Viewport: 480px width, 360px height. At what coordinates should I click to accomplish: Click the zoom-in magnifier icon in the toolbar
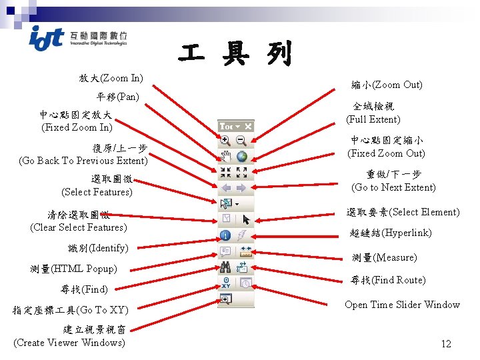tap(226, 141)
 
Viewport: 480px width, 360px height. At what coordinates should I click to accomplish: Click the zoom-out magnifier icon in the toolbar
tap(241, 141)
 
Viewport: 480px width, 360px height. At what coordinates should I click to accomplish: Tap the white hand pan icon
tap(226, 157)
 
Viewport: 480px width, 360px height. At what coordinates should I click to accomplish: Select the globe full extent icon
tap(241, 157)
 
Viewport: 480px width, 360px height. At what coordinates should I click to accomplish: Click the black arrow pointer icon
tap(245, 219)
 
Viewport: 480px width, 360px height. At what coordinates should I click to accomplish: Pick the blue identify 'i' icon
tap(226, 235)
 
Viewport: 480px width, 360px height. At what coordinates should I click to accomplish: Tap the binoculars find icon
tap(226, 267)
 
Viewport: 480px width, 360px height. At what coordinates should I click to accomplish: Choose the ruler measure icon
tap(245, 252)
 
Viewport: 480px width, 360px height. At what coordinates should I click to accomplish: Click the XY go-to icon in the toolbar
tap(226, 283)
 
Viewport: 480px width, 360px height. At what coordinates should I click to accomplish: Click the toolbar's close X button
tap(248, 125)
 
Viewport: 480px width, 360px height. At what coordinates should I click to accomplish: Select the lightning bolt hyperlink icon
tap(243, 235)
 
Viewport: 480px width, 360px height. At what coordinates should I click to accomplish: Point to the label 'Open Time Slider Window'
tap(402, 305)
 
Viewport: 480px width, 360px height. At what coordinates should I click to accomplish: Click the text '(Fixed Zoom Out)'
tap(386, 153)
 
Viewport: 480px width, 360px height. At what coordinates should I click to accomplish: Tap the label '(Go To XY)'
tap(102, 310)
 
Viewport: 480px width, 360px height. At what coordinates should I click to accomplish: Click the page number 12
tap(446, 344)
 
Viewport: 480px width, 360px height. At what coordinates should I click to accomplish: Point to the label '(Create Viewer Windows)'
tap(69, 343)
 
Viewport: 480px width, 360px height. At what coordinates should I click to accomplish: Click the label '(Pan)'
tap(127, 97)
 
